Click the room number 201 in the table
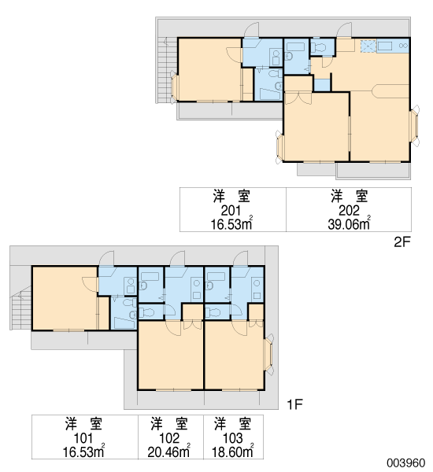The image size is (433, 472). (231, 211)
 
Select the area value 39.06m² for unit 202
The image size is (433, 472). (350, 223)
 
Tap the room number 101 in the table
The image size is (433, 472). (83, 438)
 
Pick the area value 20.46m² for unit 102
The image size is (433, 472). (169, 452)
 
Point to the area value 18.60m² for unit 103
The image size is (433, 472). (232, 452)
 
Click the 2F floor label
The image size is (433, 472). (402, 242)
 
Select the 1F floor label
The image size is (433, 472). (294, 404)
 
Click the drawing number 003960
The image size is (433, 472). (406, 463)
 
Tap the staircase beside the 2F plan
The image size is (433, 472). (165, 70)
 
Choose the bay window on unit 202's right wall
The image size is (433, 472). (415, 126)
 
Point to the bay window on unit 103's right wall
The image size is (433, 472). (269, 354)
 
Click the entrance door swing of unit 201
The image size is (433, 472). (252, 30)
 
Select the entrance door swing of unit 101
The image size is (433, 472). (106, 258)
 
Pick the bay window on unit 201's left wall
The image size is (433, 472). (174, 87)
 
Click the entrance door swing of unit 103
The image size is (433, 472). (240, 258)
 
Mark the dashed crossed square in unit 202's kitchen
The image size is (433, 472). (368, 46)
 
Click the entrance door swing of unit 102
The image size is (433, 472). (177, 258)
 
